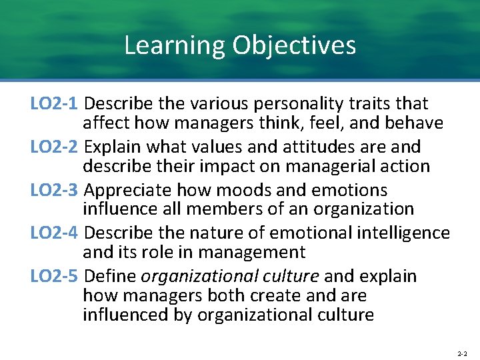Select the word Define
point(111,276)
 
